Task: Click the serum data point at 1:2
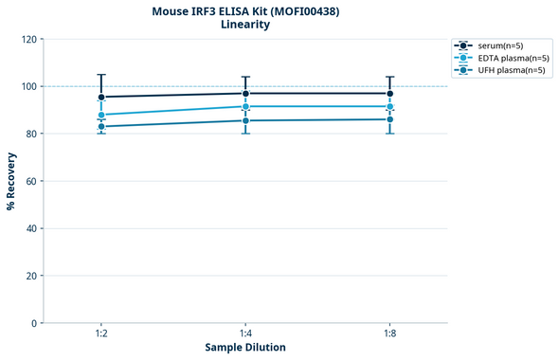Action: point(101,97)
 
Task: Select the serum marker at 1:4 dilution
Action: point(245,93)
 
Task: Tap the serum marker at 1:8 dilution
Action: point(389,93)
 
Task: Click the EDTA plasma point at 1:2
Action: point(101,115)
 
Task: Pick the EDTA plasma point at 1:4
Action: point(245,106)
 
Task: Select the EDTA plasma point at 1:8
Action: point(389,106)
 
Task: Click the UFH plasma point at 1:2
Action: point(101,126)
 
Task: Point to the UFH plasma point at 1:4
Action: point(245,120)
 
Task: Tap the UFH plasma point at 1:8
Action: point(389,119)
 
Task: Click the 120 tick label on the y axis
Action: point(28,39)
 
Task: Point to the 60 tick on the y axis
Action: point(31,181)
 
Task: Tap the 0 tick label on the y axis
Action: point(34,323)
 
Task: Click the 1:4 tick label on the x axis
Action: point(245,333)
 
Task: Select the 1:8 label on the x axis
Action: point(389,333)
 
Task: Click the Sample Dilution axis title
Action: point(245,348)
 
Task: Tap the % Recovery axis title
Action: point(11,180)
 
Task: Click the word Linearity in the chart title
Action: point(245,25)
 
